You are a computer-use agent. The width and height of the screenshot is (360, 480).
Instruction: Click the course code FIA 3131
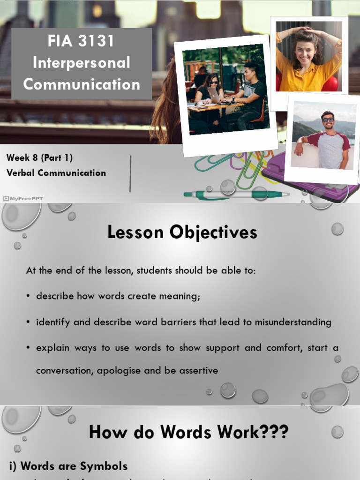(81, 41)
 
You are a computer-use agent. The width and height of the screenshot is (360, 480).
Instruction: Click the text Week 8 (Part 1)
(39, 158)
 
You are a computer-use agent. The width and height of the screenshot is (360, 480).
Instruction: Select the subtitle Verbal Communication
(56, 173)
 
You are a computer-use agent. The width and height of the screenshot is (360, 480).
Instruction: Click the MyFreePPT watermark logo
(23, 198)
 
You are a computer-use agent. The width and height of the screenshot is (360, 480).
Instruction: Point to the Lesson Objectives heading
(182, 232)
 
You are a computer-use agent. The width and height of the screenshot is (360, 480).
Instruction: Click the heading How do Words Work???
(188, 432)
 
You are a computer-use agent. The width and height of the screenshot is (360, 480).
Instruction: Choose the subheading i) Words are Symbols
(68, 466)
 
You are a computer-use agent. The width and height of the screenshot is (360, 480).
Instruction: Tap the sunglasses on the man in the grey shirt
(328, 120)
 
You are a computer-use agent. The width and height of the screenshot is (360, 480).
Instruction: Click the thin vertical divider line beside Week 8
(130, 174)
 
